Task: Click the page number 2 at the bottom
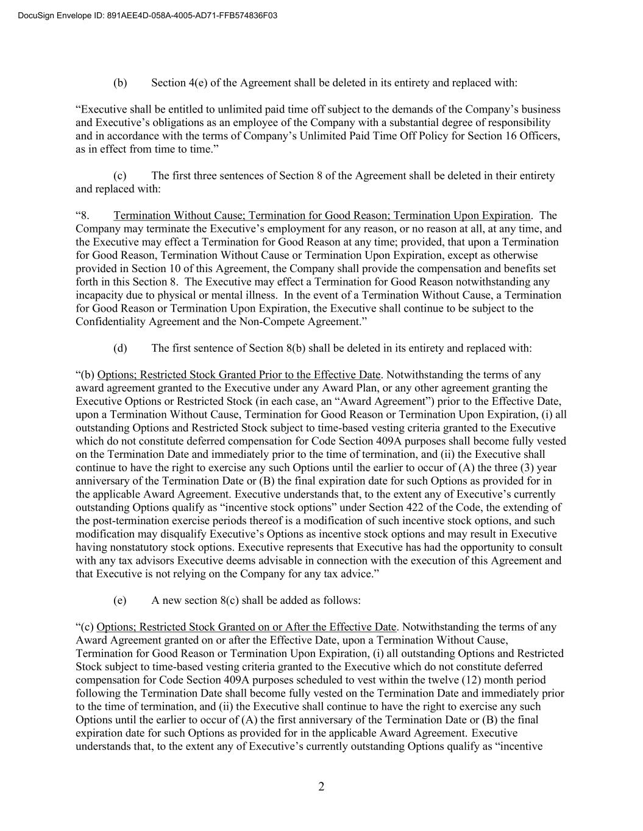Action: tap(321, 787)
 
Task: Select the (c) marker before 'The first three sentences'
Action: tap(120, 176)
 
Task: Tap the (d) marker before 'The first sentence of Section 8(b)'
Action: tap(120, 348)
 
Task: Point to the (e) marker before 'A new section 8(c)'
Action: tap(120, 600)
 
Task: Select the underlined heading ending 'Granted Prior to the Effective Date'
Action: tap(239, 375)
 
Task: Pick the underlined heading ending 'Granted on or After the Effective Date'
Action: tap(247, 627)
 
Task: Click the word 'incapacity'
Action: tap(99, 295)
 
